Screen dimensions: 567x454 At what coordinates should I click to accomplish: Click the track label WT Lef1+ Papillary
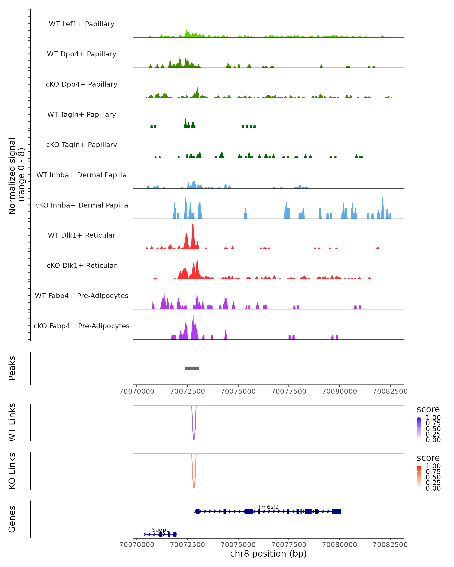pos(82,24)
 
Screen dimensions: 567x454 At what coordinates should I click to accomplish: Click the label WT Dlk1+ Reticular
pos(82,235)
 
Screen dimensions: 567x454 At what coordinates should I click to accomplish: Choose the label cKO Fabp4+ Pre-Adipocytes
pos(82,326)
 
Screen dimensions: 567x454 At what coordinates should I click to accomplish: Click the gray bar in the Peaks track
pos(192,368)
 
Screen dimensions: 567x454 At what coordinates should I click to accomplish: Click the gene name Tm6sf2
pos(268,507)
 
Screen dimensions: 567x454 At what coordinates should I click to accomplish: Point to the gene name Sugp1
pos(161,530)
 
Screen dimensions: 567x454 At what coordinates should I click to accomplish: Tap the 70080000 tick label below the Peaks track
pos(340,391)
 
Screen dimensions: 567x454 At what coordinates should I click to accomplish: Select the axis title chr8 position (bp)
pos(268,554)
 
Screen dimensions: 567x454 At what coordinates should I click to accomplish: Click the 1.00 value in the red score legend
pos(433,466)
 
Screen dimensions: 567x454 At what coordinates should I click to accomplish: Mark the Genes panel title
pos(12,519)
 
